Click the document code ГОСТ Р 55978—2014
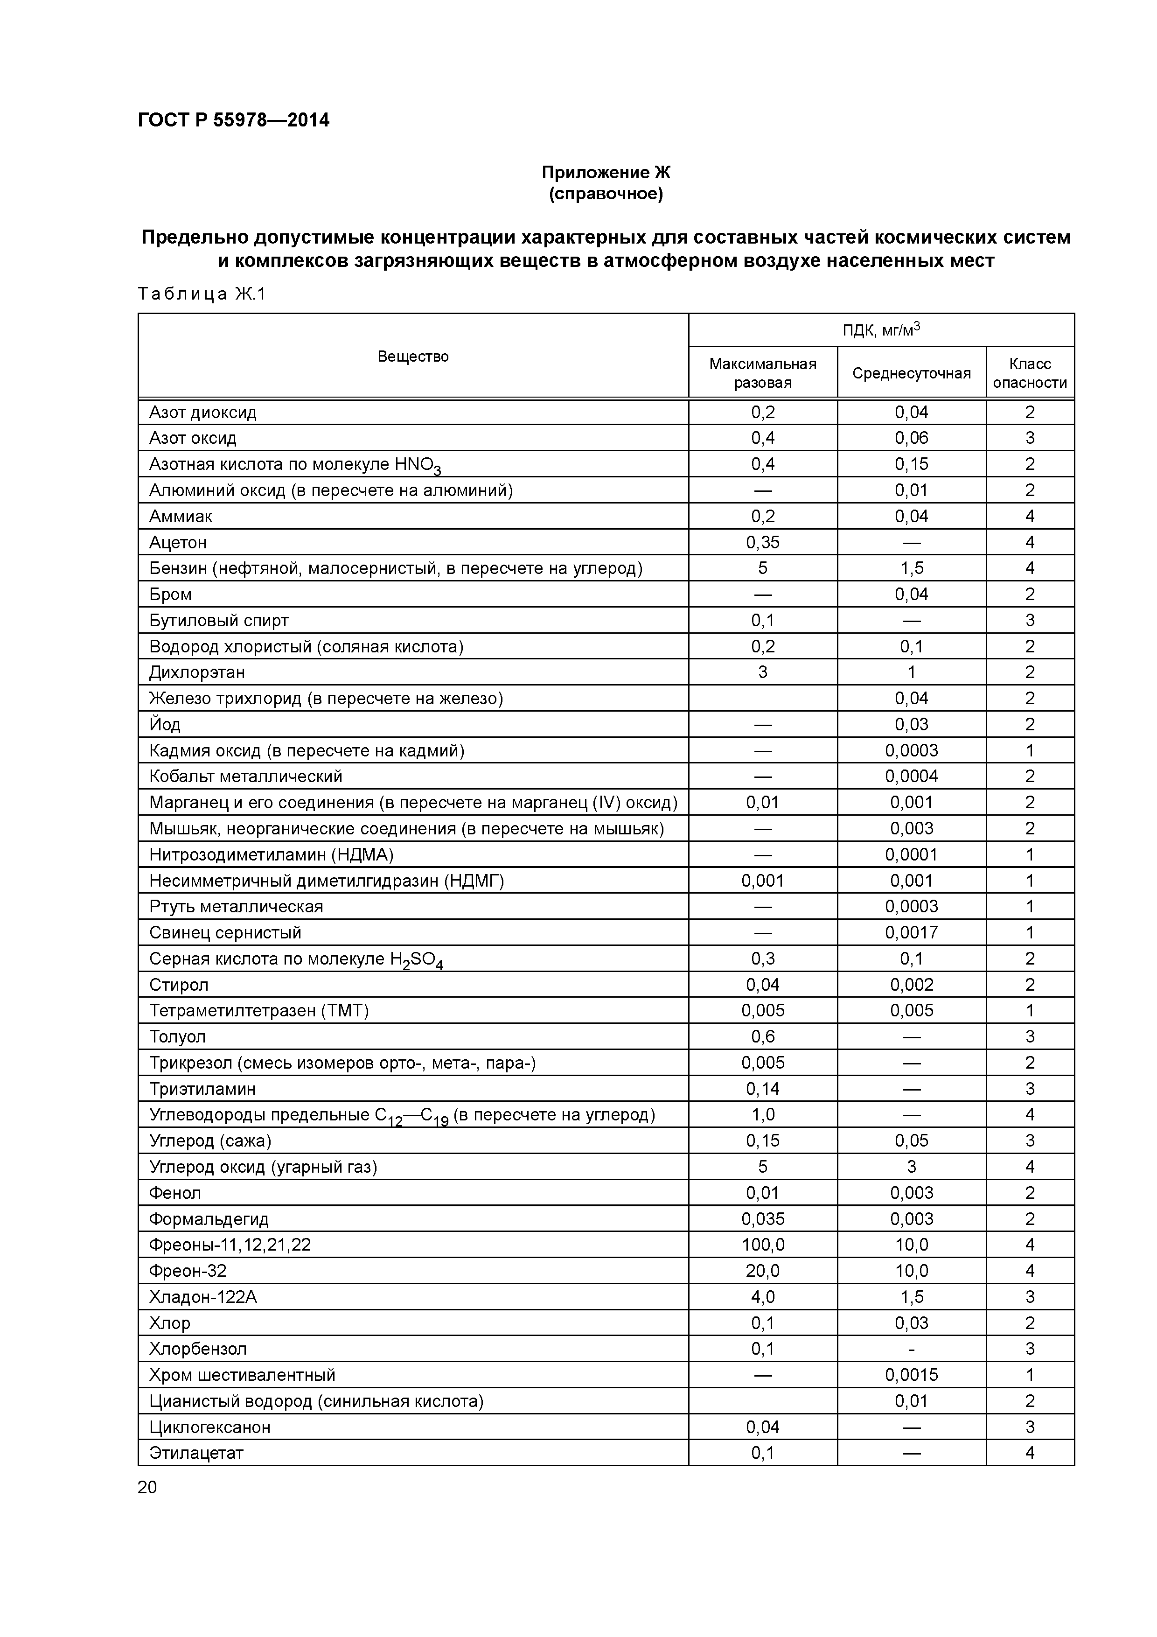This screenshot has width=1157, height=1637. pos(233,120)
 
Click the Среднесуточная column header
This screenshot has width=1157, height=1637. pos(911,373)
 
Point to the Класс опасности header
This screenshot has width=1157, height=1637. pos(1029,373)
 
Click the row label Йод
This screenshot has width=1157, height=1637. pos(165,724)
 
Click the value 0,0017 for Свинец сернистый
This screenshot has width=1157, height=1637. pos(911,932)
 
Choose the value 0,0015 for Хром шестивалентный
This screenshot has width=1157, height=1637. pos(911,1375)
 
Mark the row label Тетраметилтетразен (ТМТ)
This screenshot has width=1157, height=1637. pos(259,1010)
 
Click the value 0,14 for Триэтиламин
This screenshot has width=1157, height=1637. pos(762,1088)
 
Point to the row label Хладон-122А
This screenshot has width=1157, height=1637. pos(203,1296)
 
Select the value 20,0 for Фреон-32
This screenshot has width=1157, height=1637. pos(762,1271)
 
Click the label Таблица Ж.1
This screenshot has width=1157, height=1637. pos(201,294)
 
